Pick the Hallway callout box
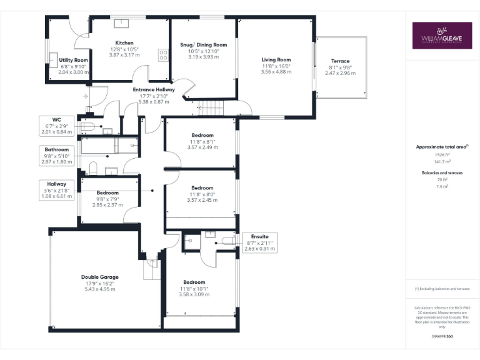coord(56,190)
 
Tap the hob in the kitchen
coord(164,56)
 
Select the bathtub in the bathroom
coord(109,146)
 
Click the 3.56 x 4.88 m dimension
coord(276,72)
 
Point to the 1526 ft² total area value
coord(442,154)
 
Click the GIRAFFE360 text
coord(442,336)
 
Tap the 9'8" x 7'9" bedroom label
coord(107,199)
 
